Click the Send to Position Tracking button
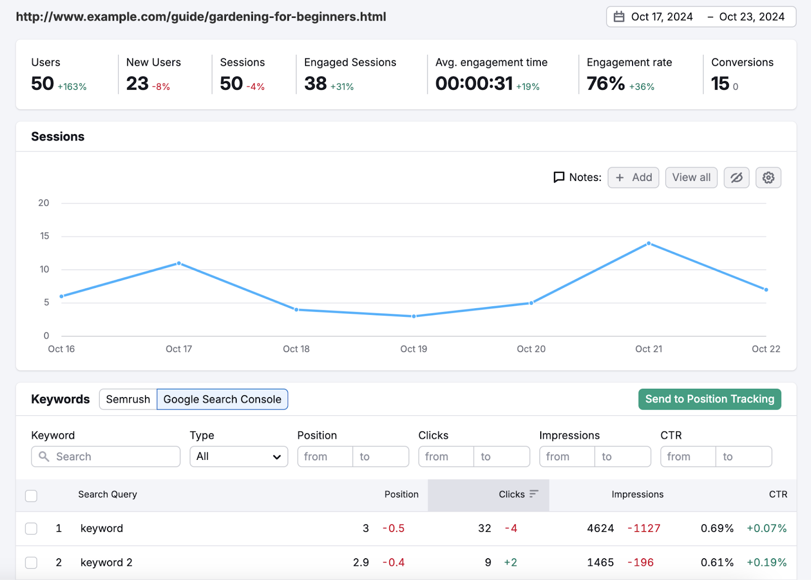click(709, 399)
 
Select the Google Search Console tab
click(222, 400)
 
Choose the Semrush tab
click(128, 400)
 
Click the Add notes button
click(633, 177)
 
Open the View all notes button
click(691, 177)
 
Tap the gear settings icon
click(768, 177)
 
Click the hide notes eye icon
click(736, 177)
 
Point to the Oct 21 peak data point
click(649, 243)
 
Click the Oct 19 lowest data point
click(414, 316)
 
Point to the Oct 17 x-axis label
click(178, 349)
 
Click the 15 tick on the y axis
click(45, 236)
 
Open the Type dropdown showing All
click(239, 456)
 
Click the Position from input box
click(325, 456)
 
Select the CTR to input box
click(743, 456)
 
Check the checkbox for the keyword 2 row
click(31, 562)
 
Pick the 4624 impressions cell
click(600, 528)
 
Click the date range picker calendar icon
click(619, 17)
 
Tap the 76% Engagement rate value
click(605, 84)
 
